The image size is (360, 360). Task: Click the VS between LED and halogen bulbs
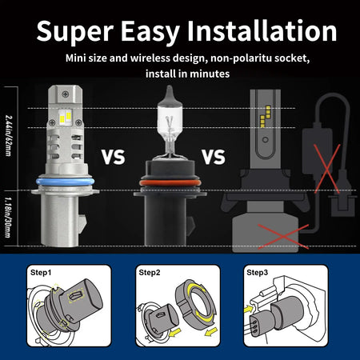114,156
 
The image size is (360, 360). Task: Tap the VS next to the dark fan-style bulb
213,156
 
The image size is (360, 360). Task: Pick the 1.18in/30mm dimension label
10,216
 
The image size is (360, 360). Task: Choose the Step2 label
150,272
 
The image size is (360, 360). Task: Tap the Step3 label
258,272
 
